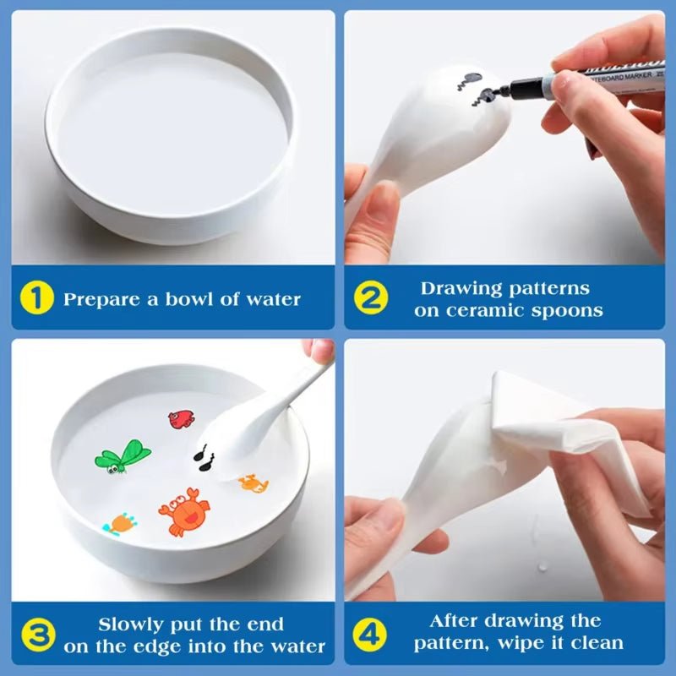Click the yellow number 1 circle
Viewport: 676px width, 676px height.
[x=39, y=299]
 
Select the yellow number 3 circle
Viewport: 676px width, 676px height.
[x=39, y=635]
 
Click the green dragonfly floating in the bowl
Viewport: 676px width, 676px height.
[x=122, y=456]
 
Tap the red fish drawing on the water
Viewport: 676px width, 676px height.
[x=181, y=418]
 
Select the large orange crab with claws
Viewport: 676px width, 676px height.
[x=183, y=511]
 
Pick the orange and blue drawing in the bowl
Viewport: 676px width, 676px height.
[x=120, y=522]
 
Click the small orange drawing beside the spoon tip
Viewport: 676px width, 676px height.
[x=253, y=483]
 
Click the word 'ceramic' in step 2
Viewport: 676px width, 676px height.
[x=497, y=310]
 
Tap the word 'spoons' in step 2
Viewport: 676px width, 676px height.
[x=571, y=310]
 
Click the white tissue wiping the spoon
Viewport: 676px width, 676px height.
[x=558, y=431]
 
